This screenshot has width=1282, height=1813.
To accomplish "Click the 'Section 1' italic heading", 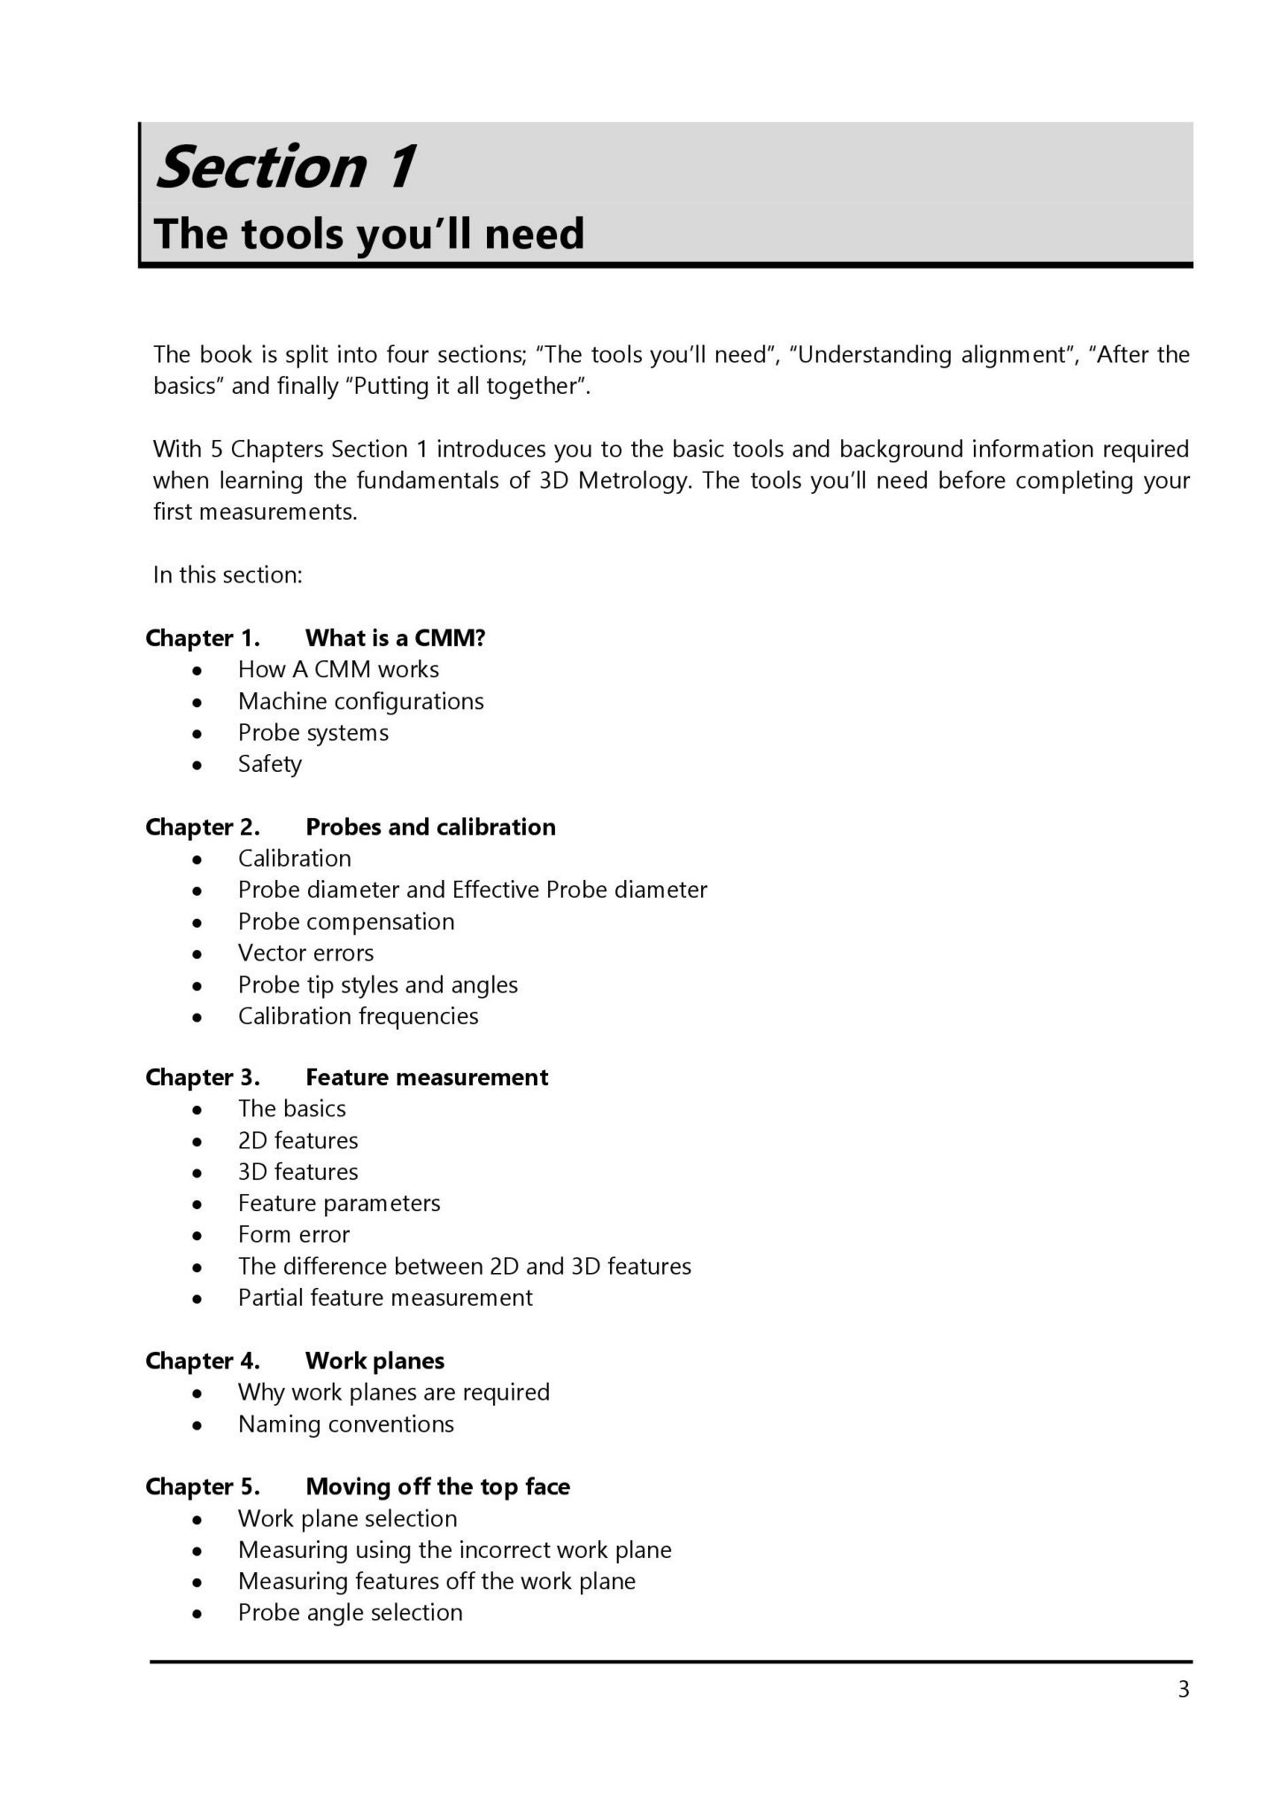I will (285, 166).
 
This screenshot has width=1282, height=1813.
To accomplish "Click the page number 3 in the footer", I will (1184, 1690).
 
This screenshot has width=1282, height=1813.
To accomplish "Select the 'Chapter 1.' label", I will (203, 638).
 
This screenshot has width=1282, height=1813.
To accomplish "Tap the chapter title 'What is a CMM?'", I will (396, 638).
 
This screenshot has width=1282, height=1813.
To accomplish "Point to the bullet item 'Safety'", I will (270, 764).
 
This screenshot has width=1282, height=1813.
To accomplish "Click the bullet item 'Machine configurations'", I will (361, 701).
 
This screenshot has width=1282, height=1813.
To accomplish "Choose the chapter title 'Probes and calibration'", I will (430, 827).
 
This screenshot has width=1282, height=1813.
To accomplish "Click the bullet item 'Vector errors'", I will (306, 953).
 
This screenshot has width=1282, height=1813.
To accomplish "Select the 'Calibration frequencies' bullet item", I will (359, 1015).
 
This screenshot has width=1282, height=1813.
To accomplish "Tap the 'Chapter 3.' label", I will (203, 1077).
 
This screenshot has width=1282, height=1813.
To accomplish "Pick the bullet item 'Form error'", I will (294, 1234).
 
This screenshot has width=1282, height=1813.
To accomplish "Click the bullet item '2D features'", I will (298, 1140).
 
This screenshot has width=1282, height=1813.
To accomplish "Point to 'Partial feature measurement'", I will (385, 1297).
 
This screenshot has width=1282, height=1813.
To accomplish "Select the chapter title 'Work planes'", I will (375, 1361).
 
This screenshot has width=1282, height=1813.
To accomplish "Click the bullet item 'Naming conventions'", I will (346, 1423).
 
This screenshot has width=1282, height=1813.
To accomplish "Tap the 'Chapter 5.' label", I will (203, 1486).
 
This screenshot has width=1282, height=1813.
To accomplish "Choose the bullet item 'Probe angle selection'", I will (351, 1612).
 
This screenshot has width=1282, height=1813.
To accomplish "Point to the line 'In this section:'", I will (228, 575).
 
